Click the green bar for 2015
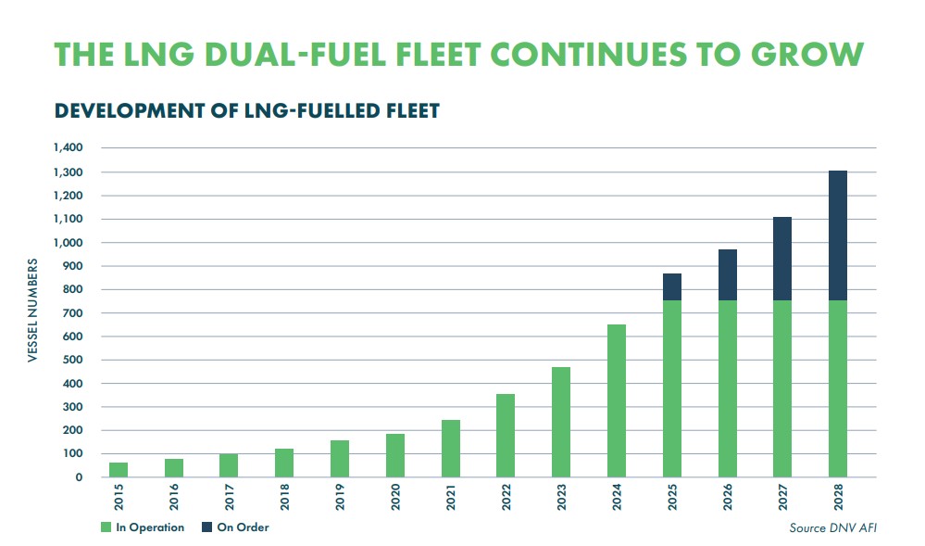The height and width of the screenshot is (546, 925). point(119,470)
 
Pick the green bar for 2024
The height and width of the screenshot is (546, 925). point(616,400)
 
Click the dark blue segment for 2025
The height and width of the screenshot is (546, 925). point(671,287)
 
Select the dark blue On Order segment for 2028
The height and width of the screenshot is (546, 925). point(837,235)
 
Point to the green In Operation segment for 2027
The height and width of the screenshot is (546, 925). point(781,388)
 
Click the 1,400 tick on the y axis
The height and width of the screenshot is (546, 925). point(69,148)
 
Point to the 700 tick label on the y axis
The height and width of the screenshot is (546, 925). point(74,313)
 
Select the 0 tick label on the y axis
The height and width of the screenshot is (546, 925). point(81,477)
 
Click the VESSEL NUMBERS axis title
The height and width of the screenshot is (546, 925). point(31,312)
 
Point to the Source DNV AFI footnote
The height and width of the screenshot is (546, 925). point(831,527)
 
